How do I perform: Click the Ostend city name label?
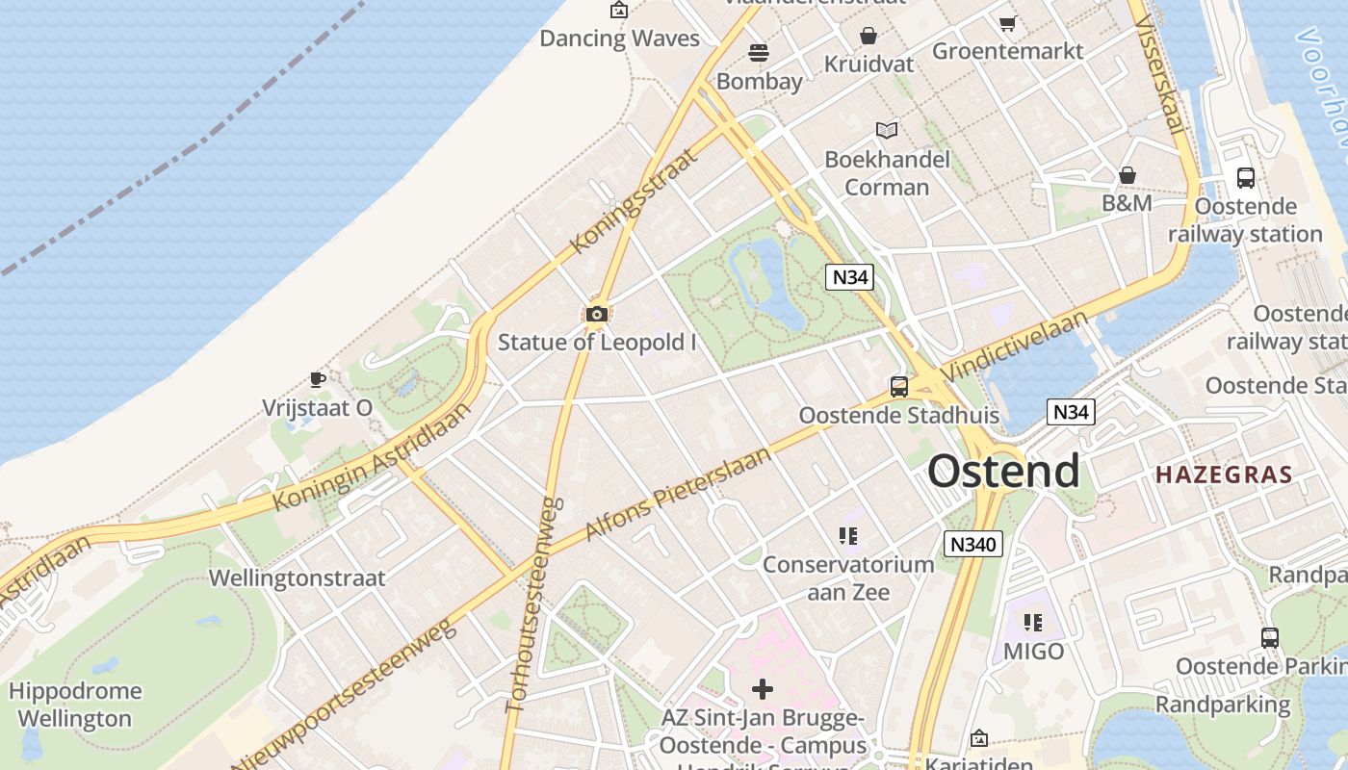point(1003,472)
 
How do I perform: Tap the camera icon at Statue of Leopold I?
point(596,314)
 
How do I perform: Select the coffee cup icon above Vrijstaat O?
point(317,379)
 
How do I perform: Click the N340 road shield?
point(972,544)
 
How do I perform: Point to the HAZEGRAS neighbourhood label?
point(1224,475)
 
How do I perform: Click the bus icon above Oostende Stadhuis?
point(898,387)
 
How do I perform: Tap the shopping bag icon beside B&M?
point(1127,175)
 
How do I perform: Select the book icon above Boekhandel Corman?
point(886,130)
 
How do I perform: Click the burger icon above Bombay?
point(759,52)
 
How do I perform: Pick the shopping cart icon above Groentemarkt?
point(1007,22)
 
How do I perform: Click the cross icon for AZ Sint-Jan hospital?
point(763,689)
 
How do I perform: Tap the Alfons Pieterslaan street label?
point(678,493)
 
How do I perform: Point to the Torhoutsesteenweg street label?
point(532,604)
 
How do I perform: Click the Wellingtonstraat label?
point(297,578)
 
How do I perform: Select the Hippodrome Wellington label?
point(75,705)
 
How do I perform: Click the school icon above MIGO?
point(1033,623)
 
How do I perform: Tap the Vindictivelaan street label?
point(1015,346)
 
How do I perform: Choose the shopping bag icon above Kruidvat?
point(868,36)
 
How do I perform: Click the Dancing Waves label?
point(619,38)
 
